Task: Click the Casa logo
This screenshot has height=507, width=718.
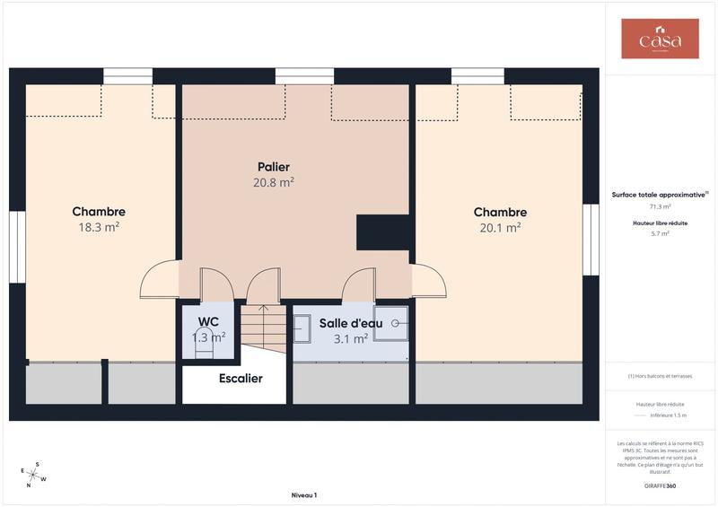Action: [660, 39]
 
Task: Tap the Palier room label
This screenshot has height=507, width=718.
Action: [274, 167]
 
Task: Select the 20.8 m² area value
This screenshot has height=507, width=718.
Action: [274, 182]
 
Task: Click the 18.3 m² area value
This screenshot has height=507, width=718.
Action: [99, 228]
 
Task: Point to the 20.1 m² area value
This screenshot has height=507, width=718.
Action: [500, 228]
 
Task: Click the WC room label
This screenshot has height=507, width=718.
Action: [208, 321]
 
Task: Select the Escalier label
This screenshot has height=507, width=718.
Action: [241, 379]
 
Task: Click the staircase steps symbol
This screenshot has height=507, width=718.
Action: [263, 328]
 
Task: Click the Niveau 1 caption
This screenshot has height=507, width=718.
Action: [304, 495]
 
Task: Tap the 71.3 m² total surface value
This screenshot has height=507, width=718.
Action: [660, 206]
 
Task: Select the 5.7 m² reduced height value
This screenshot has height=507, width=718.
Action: [660, 233]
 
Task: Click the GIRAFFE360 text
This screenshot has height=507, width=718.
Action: [660, 485]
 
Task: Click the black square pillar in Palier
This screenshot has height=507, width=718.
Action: [383, 232]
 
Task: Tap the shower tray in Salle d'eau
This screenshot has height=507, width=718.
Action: [391, 323]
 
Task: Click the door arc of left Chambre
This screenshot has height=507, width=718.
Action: [159, 279]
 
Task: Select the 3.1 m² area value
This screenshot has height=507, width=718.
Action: [350, 339]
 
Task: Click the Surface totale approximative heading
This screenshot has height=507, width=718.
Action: [659, 194]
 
